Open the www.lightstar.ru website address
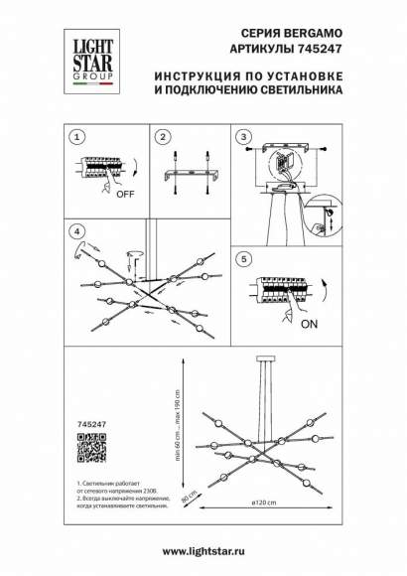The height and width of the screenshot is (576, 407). click(x=203, y=550)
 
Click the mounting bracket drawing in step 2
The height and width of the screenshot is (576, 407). click(x=190, y=176)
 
